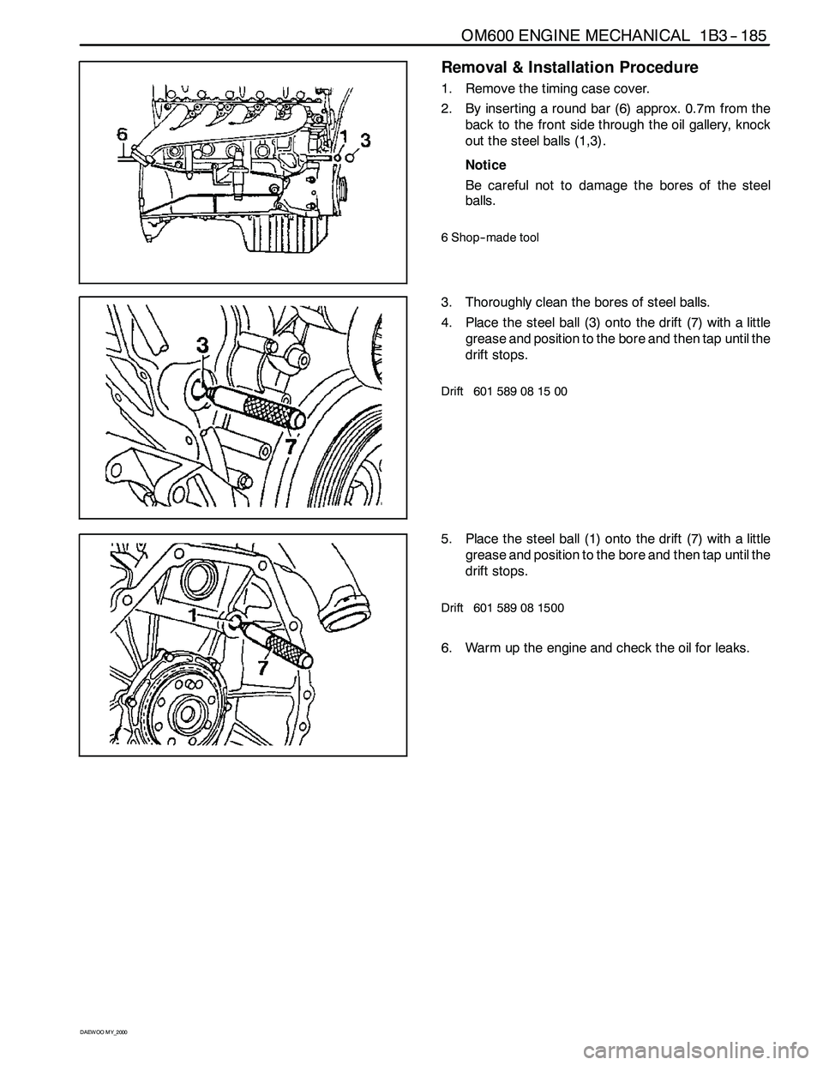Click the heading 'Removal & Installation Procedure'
pyautogui.click(x=570, y=67)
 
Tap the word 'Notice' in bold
pyautogui.click(x=485, y=165)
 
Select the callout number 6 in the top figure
pyautogui.click(x=123, y=134)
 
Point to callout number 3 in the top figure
pyautogui.click(x=365, y=141)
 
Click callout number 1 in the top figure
pyautogui.click(x=345, y=136)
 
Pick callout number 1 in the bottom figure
pyautogui.click(x=194, y=615)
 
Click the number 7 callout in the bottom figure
pyautogui.click(x=263, y=667)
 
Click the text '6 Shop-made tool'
pyautogui.click(x=490, y=238)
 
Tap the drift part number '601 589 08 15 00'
pyautogui.click(x=520, y=391)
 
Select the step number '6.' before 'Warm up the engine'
pyautogui.click(x=446, y=648)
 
